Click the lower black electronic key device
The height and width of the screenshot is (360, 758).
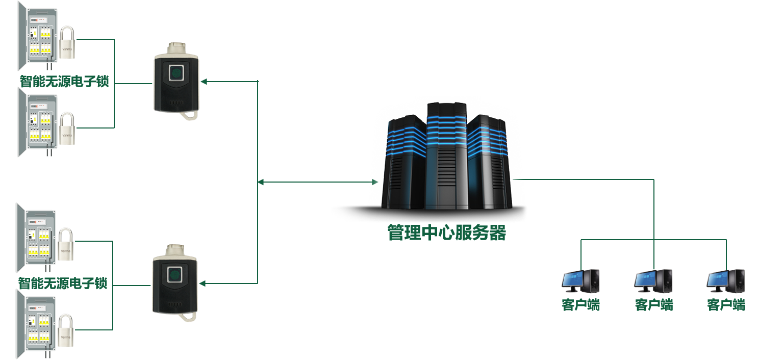pyautogui.click(x=174, y=283)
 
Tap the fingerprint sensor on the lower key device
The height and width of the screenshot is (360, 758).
pyautogui.click(x=175, y=275)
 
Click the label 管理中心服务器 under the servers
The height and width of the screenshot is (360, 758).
pyautogui.click(x=446, y=233)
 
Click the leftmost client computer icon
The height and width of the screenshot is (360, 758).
pyautogui.click(x=580, y=281)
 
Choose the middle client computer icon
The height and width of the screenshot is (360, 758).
pyautogui.click(x=653, y=281)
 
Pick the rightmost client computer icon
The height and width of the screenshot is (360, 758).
pyautogui.click(x=725, y=281)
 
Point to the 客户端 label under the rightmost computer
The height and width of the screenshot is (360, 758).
pyautogui.click(x=726, y=305)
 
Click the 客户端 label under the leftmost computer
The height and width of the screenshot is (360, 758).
pyautogui.click(x=580, y=305)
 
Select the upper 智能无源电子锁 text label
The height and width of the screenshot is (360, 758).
pyautogui.click(x=64, y=81)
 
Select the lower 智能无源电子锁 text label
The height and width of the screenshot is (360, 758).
pyautogui.click(x=63, y=283)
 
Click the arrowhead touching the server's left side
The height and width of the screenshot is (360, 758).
pyautogui.click(x=374, y=182)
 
